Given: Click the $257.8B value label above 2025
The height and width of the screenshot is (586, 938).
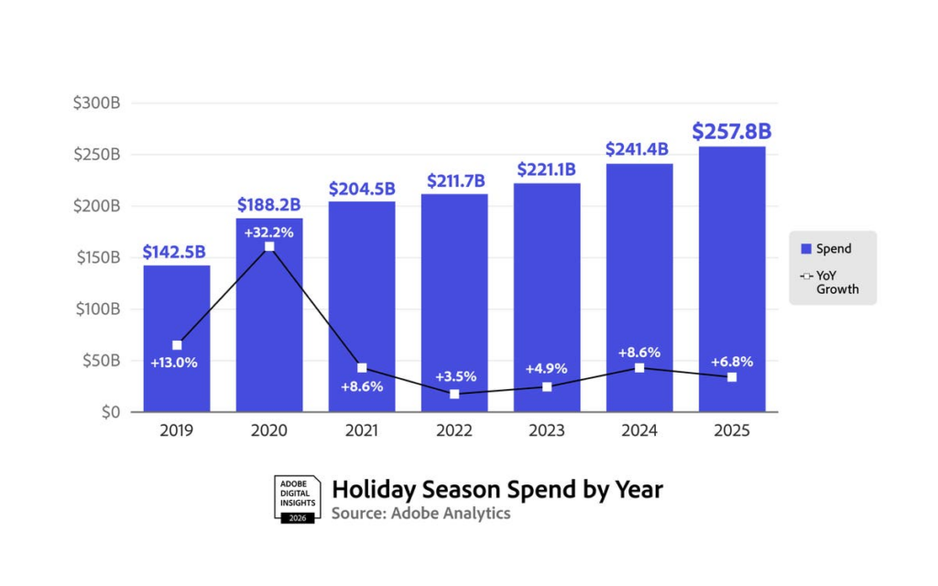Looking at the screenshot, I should [x=731, y=131].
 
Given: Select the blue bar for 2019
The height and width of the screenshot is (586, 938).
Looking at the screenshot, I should [x=177, y=302].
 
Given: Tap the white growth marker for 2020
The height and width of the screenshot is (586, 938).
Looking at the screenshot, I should [x=269, y=247].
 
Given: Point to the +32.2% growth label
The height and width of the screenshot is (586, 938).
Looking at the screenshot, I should [x=269, y=232].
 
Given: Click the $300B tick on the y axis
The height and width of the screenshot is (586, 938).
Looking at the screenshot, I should [x=97, y=103].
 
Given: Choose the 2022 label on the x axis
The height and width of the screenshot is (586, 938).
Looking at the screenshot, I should [x=453, y=430].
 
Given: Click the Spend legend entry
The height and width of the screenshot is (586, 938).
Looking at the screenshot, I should [x=826, y=248].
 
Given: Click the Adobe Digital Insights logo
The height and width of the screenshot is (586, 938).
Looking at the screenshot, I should [x=297, y=499].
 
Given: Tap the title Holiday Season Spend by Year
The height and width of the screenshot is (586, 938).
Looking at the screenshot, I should [x=496, y=489].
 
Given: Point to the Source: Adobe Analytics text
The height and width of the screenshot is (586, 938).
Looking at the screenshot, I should [x=420, y=514].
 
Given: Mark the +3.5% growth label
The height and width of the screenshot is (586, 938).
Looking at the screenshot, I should [x=454, y=376].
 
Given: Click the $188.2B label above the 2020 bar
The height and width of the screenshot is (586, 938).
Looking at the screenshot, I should [x=269, y=204].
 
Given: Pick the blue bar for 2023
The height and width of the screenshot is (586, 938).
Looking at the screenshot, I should [x=546, y=275].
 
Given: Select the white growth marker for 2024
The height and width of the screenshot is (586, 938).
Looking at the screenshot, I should [x=639, y=368].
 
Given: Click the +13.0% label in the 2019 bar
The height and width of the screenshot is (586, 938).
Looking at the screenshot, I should [x=174, y=363].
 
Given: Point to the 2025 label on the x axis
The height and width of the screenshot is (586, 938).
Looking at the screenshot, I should [x=731, y=430].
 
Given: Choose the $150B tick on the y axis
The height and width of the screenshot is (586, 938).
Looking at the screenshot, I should [x=97, y=257].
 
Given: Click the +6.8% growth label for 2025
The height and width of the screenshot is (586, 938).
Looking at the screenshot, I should [x=731, y=361].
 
